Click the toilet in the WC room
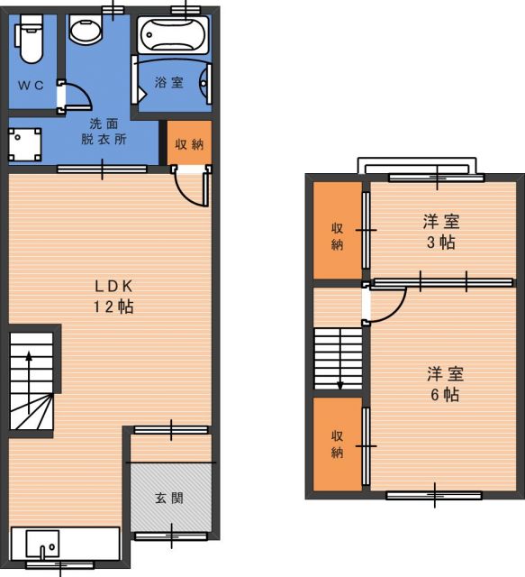(29, 39)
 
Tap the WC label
(31, 86)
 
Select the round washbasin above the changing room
(85, 29)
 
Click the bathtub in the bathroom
(173, 34)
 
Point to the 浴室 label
(168, 82)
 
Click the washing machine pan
(24, 144)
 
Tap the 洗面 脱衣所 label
(104, 132)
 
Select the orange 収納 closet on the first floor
(189, 142)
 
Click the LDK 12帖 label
(113, 297)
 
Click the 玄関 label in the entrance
(169, 499)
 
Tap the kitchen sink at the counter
(42, 545)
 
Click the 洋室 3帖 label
(441, 232)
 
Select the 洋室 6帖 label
(445, 384)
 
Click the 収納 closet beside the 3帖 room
(338, 231)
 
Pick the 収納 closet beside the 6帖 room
(338, 444)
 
